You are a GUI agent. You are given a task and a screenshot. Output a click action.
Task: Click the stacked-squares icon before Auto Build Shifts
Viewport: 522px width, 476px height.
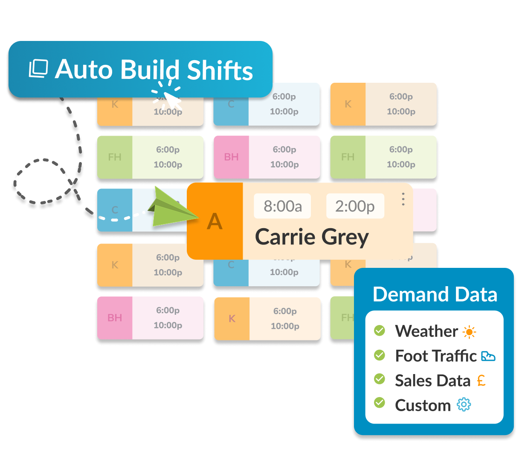pyautogui.click(x=38, y=69)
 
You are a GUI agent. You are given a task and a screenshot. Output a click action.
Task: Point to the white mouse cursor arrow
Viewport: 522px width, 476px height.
pyautogui.click(x=173, y=101)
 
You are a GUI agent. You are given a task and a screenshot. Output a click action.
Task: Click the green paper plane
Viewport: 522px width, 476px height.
pyautogui.click(x=171, y=209)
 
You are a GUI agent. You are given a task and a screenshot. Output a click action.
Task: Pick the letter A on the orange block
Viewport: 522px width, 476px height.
pyautogui.click(x=215, y=222)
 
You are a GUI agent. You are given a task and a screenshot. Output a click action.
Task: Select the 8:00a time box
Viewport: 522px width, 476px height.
pyautogui.click(x=282, y=206)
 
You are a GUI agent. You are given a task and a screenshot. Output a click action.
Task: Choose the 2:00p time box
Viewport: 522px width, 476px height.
pyautogui.click(x=355, y=206)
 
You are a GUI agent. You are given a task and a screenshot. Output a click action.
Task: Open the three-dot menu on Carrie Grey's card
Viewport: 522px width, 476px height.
pyautogui.click(x=403, y=199)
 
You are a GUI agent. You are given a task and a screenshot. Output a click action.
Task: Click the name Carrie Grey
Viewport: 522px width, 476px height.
pyautogui.click(x=312, y=237)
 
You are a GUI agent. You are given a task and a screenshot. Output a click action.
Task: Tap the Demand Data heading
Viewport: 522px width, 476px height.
pyautogui.click(x=435, y=294)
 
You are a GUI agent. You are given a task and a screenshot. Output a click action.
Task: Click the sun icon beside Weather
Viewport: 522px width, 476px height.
pyautogui.click(x=470, y=332)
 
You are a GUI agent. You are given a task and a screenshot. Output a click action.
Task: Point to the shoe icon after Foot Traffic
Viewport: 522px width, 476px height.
pyautogui.click(x=488, y=356)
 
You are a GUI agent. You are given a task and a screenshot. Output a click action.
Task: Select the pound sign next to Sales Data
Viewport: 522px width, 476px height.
pyautogui.click(x=481, y=380)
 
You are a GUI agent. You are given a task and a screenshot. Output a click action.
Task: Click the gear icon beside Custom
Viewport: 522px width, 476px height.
pyautogui.click(x=464, y=405)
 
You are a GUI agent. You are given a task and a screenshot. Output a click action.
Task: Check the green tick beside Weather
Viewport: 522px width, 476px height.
pyautogui.click(x=379, y=331)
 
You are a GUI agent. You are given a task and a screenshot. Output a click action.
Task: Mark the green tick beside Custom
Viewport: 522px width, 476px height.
pyautogui.click(x=379, y=403)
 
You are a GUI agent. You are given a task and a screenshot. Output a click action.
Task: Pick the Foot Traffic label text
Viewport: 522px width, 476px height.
pyautogui.click(x=435, y=356)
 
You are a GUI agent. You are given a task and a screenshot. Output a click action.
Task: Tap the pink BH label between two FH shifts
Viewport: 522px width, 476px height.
pyautogui.click(x=231, y=157)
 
